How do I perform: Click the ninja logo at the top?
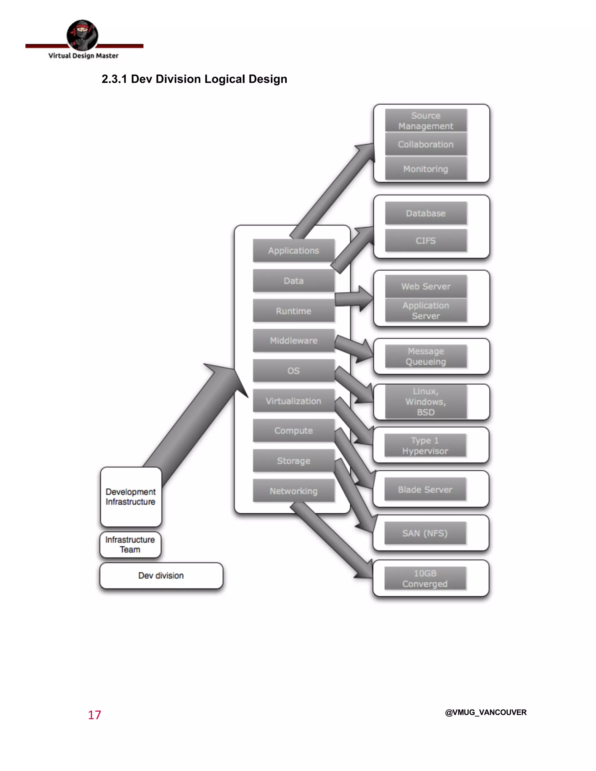(x=82, y=35)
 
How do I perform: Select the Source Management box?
(x=425, y=121)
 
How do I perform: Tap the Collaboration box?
(x=425, y=144)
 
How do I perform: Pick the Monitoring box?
(x=425, y=169)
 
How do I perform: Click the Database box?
(x=425, y=213)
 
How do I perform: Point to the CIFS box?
(x=425, y=241)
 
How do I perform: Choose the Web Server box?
(x=425, y=286)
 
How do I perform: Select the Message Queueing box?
(x=425, y=357)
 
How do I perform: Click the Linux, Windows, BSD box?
(x=425, y=402)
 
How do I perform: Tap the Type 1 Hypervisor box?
(x=425, y=445)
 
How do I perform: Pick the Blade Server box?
(x=425, y=490)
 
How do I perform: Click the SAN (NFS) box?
(x=425, y=533)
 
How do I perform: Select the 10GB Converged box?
(x=425, y=578)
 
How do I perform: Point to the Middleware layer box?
(x=293, y=341)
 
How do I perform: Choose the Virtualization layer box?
(x=293, y=401)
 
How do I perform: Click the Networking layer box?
(x=293, y=491)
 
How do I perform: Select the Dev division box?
(x=161, y=576)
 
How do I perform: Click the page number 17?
(x=95, y=715)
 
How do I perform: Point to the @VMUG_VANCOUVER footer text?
(x=485, y=713)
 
